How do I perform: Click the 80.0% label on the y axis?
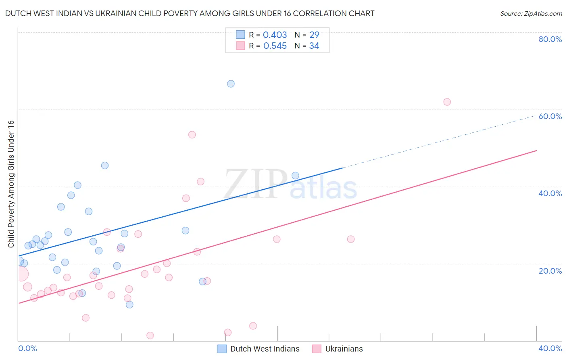point(550,39)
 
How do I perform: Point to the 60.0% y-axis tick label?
point(550,116)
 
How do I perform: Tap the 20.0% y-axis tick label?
point(550,271)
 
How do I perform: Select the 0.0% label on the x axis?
point(27,348)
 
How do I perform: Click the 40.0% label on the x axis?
point(550,348)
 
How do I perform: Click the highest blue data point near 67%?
point(231,84)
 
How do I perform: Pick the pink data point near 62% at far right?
point(447,102)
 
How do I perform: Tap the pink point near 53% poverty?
point(192,135)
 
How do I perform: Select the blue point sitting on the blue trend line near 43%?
point(295,176)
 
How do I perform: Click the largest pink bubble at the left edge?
point(22,274)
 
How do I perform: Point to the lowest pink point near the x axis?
point(150,335)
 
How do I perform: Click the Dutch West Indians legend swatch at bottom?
point(222,349)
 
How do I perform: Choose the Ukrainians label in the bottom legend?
point(344,349)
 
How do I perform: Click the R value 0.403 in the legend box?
point(275,35)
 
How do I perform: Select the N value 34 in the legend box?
point(314,46)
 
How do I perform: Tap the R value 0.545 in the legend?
point(275,46)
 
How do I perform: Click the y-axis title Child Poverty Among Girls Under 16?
point(11,184)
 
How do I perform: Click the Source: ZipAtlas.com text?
point(531,14)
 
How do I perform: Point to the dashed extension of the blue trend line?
point(440,142)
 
